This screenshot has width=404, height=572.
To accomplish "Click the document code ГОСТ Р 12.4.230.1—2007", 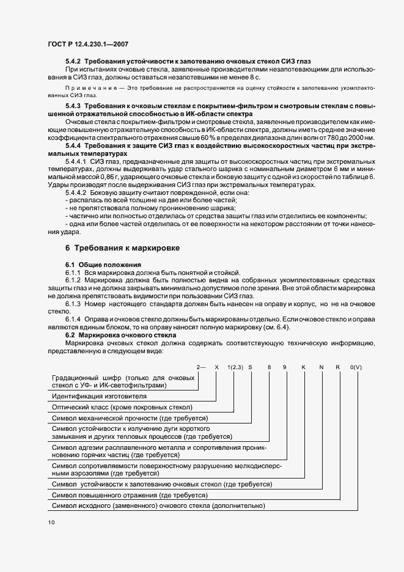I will [88, 43].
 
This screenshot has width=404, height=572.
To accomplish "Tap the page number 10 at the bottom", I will [51, 523].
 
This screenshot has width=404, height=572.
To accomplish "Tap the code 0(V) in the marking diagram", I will [356, 367].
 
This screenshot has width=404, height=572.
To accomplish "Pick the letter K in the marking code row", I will [303, 367].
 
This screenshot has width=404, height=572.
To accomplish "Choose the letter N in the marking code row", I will [321, 367].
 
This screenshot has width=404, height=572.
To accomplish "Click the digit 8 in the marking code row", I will [268, 367].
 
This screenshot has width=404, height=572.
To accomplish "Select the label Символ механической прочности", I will [130, 418].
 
